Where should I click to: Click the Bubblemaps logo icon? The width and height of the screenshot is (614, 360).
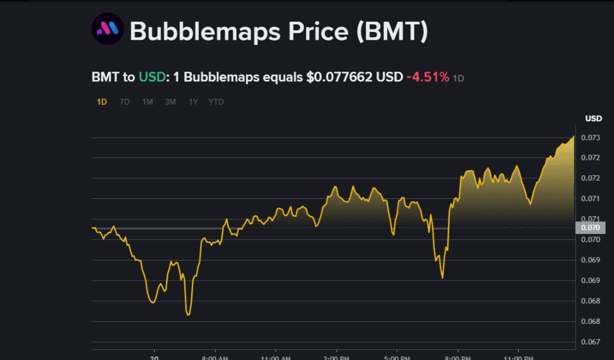107,29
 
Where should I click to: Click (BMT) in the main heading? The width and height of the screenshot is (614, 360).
392,31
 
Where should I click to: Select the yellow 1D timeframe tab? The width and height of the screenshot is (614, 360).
102,102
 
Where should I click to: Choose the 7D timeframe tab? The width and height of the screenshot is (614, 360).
124,102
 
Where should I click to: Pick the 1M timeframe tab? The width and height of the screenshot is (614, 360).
147,102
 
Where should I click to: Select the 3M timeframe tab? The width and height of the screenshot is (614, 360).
171,102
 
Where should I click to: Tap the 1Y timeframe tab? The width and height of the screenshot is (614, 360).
193,102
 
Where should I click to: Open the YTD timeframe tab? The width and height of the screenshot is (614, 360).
216,102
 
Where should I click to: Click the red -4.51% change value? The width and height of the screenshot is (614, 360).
427,77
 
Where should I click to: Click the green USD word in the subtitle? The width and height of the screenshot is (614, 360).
152,77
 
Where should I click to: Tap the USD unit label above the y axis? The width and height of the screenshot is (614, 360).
593,118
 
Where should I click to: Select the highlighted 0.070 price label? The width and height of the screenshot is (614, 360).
592,228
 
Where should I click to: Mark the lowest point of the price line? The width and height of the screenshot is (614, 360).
188,314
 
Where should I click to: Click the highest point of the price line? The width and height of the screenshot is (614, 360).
574,137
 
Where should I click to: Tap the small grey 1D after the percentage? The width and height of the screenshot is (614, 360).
458,78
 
